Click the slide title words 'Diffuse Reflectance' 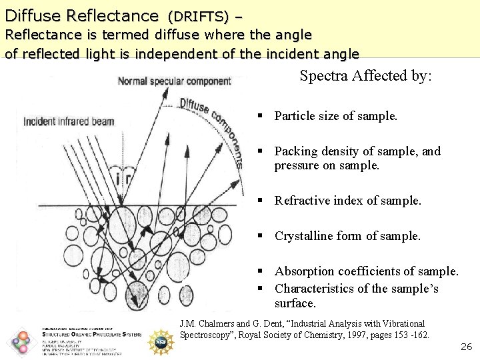[x=81, y=15]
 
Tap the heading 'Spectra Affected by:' [x=366, y=76]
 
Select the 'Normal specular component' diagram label [x=174, y=81]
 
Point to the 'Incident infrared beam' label [x=69, y=121]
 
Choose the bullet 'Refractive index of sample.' [x=348, y=201]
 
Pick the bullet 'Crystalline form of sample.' [x=347, y=236]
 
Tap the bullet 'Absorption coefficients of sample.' [x=367, y=271]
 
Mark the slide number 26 [x=466, y=347]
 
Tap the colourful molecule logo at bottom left [x=22, y=341]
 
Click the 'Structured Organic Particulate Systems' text [x=91, y=335]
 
